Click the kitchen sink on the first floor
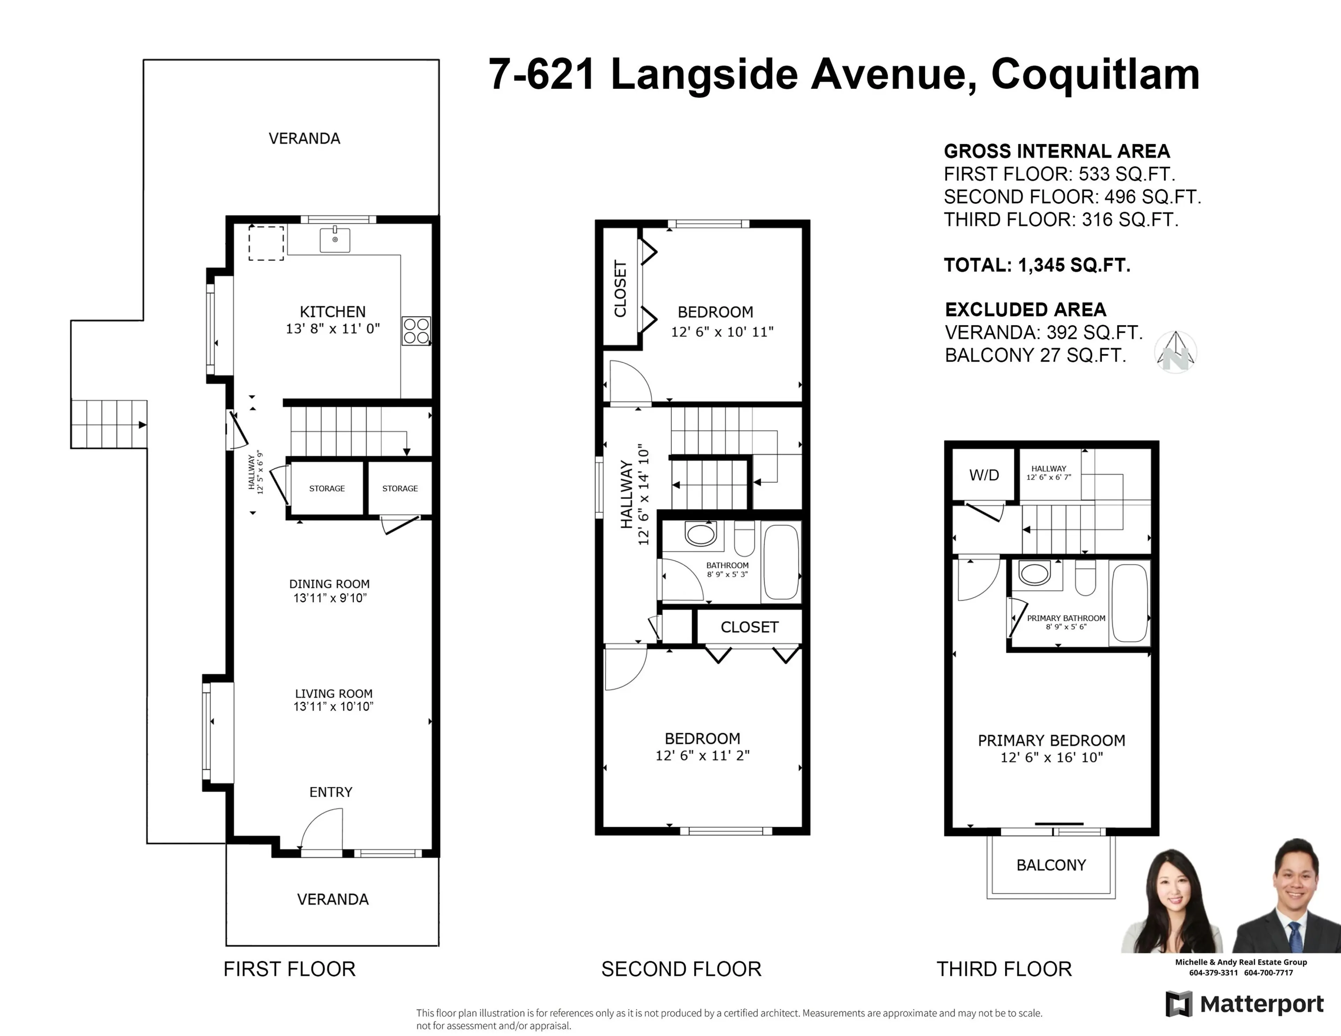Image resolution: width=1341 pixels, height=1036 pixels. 335,240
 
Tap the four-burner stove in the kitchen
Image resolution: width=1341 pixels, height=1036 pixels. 416,331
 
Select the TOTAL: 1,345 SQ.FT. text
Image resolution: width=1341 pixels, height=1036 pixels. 1036,265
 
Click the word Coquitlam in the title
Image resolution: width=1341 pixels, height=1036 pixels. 1095,75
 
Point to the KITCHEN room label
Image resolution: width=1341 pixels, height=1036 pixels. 332,312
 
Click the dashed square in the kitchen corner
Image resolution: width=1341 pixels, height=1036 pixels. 266,243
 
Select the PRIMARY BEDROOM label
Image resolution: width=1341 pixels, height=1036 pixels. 1051,741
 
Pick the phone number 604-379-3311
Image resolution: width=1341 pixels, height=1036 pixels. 1213,972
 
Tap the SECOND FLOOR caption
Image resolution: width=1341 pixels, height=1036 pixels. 681,969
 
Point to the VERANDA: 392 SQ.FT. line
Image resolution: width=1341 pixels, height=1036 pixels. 1043,333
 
